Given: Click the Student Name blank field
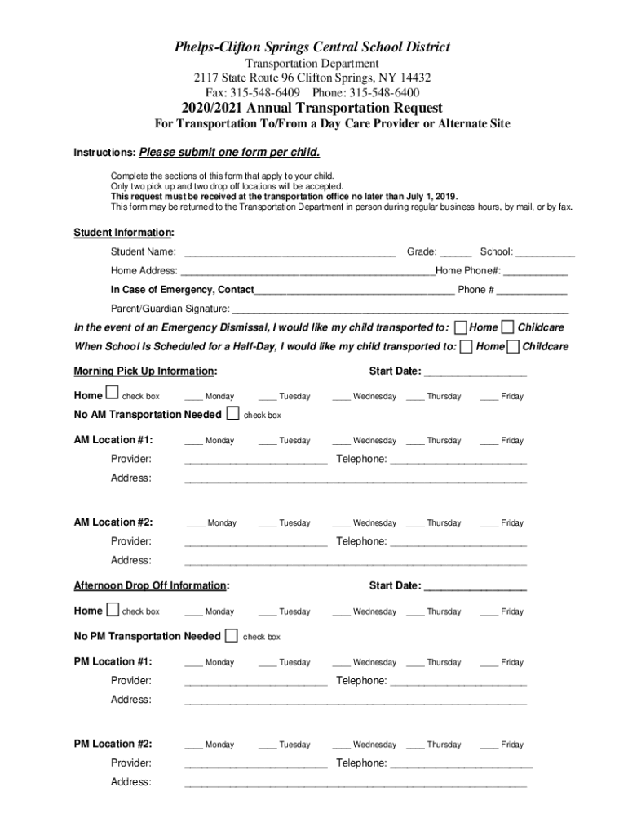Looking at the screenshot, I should click(x=290, y=253).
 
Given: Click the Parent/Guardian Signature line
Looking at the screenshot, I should click(x=400, y=310).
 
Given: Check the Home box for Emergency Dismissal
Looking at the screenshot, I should click(x=461, y=327).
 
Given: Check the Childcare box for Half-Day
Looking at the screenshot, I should click(x=513, y=347).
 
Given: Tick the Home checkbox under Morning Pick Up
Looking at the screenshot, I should click(x=113, y=395).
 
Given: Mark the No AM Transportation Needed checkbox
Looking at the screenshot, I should click(x=233, y=414).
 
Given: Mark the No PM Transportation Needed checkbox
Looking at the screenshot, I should click(x=232, y=636).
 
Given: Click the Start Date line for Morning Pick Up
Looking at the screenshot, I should click(x=475, y=373).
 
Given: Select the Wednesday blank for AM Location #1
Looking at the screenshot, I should click(x=341, y=442).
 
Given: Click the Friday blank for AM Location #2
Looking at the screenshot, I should click(x=489, y=524).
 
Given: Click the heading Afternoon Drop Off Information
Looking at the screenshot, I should click(x=151, y=585).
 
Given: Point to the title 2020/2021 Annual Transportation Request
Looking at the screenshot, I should click(x=313, y=108).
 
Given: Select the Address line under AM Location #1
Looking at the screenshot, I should click(x=356, y=479).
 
